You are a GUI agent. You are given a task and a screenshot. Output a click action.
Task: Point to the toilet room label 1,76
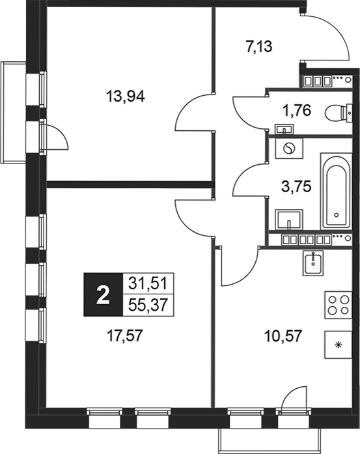pyautogui.click(x=292, y=109)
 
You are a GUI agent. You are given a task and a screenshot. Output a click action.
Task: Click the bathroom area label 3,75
pyautogui.click(x=291, y=184)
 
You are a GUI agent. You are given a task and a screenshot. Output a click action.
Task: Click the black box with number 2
pyautogui.click(x=101, y=294)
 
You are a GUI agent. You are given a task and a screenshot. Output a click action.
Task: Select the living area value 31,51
pyautogui.click(x=147, y=283)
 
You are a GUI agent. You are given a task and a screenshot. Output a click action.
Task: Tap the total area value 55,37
pyautogui.click(x=147, y=305)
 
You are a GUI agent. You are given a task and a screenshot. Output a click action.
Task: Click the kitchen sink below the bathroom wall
pyautogui.click(x=313, y=263)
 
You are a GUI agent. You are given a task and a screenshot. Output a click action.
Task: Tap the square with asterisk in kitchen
pyautogui.click(x=337, y=346)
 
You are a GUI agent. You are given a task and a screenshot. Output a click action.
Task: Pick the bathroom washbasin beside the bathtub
pyautogui.click(x=288, y=218)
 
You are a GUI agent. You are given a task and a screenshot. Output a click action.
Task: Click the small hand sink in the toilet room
pyautogui.click(x=284, y=128)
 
